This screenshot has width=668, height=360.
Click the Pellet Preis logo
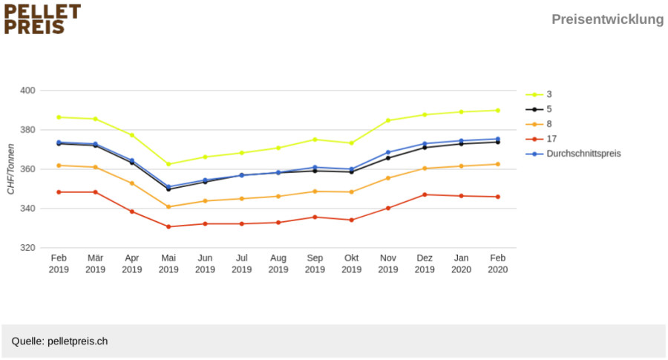[42, 19]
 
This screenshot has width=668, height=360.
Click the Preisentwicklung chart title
[607, 19]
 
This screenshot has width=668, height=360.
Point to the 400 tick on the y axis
[27, 91]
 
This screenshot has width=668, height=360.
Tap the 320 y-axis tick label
[27, 247]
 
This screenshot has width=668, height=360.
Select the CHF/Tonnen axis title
[10, 169]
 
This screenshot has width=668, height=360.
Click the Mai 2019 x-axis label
[168, 264]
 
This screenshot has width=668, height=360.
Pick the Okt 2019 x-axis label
[352, 264]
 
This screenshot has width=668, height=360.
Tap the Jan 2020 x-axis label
[461, 264]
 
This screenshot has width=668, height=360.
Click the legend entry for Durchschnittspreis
[573, 154]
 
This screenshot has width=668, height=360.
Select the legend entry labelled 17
[541, 139]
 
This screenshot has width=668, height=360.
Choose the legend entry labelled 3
[539, 94]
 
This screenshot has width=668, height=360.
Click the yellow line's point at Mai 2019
[168, 164]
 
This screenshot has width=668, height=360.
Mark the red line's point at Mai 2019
[168, 226]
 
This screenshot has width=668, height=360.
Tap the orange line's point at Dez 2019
[425, 168]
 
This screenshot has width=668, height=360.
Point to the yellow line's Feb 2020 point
[497, 111]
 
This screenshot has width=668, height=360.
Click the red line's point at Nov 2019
[387, 209]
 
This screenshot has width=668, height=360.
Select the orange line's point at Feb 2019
[59, 166]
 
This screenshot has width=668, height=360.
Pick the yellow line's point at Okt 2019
[352, 143]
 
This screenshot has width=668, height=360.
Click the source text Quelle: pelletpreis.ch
[59, 341]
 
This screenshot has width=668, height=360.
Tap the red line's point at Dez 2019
[425, 194]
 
